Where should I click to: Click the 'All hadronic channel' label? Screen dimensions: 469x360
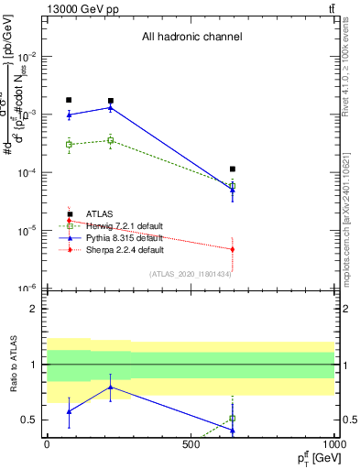[191, 37]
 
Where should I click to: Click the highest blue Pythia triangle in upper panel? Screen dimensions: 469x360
[111, 107]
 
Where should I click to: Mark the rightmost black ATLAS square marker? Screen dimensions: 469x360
[233, 169]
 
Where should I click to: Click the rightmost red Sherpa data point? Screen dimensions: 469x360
[233, 249]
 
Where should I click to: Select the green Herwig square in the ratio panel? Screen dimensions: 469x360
[233, 418]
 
